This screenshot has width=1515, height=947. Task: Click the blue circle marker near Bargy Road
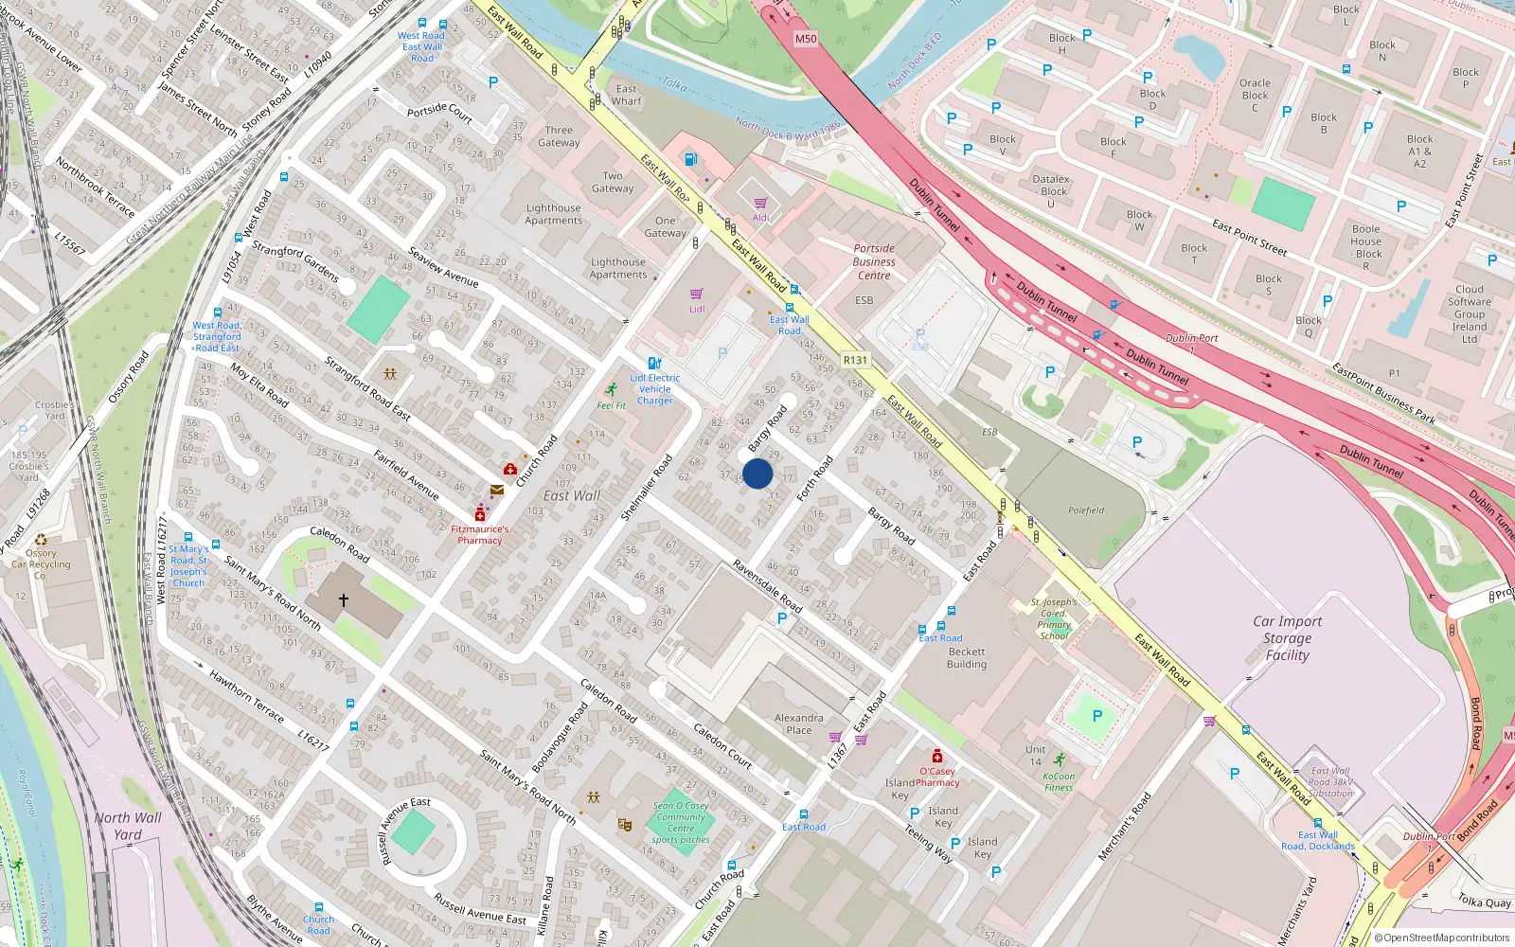pyautogui.click(x=757, y=473)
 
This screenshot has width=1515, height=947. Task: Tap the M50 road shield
pyautogui.click(x=805, y=39)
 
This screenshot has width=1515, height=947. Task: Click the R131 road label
pyautogui.click(x=855, y=360)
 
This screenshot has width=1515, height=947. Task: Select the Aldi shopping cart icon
pyautogui.click(x=760, y=203)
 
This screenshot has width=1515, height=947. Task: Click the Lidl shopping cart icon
pyautogui.click(x=697, y=294)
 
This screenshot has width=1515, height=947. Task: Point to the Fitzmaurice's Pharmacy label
pyautogui.click(x=479, y=535)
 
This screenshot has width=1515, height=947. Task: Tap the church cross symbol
pyautogui.click(x=344, y=599)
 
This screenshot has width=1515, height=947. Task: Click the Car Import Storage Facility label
pyautogui.click(x=1287, y=638)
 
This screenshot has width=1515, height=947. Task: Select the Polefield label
pyautogui.click(x=1086, y=510)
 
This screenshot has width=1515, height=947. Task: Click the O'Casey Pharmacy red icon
pyautogui.click(x=937, y=756)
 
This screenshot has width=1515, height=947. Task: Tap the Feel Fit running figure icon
pyautogui.click(x=613, y=389)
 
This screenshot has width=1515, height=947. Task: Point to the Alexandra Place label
pyautogui.click(x=798, y=724)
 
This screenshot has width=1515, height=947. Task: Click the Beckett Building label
pyautogui.click(x=966, y=658)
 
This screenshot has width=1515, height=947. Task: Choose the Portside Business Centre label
pyautogui.click(x=873, y=262)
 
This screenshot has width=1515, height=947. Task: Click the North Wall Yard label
pyautogui.click(x=128, y=826)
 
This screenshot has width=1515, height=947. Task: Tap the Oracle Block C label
pyautogui.click(x=1255, y=95)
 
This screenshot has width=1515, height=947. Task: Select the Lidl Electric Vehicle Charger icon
pyautogui.click(x=654, y=363)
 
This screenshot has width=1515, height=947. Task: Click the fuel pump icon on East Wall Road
pyautogui.click(x=691, y=159)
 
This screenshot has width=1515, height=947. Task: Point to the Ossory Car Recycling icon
pyautogui.click(x=41, y=541)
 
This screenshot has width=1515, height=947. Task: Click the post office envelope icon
pyautogui.click(x=497, y=490)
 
